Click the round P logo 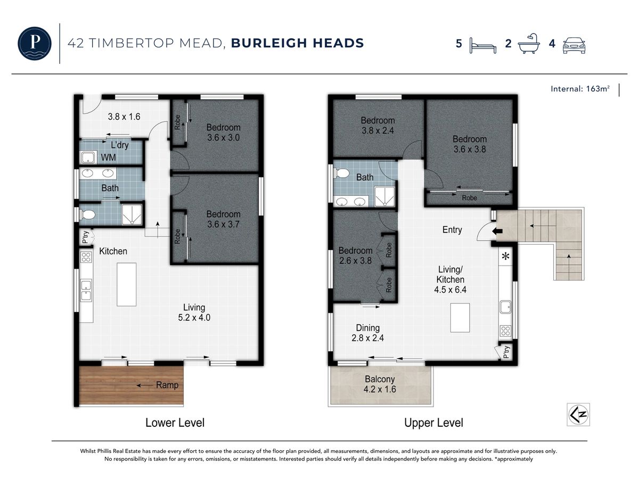35,43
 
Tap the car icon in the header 574,45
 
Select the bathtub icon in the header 529,43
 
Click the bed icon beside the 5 482,46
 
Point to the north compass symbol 578,415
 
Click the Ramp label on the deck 167,385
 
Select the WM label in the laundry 108,158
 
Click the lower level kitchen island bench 126,284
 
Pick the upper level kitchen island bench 460,318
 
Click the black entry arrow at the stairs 497,231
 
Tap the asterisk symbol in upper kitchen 506,256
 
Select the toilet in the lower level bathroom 87,215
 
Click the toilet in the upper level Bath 341,174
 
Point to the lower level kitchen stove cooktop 86,257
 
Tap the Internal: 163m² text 580,89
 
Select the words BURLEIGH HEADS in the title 297,43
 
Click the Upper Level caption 433,423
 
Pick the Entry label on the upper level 452,230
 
